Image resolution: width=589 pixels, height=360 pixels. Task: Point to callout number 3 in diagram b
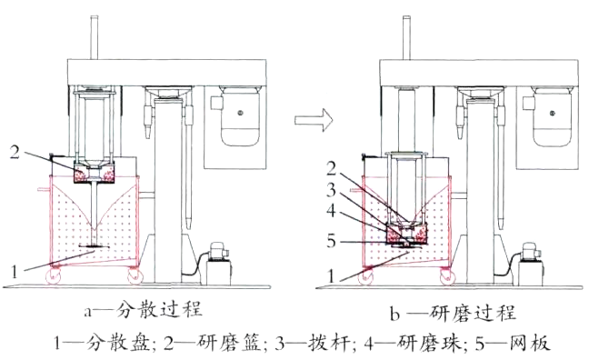(334, 188)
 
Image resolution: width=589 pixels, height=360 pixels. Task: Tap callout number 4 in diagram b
(334, 208)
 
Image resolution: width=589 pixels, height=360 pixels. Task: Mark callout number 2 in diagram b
(334, 169)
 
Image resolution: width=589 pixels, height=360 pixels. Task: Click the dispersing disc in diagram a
(95, 246)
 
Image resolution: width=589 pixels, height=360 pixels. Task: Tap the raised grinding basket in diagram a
(95, 170)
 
